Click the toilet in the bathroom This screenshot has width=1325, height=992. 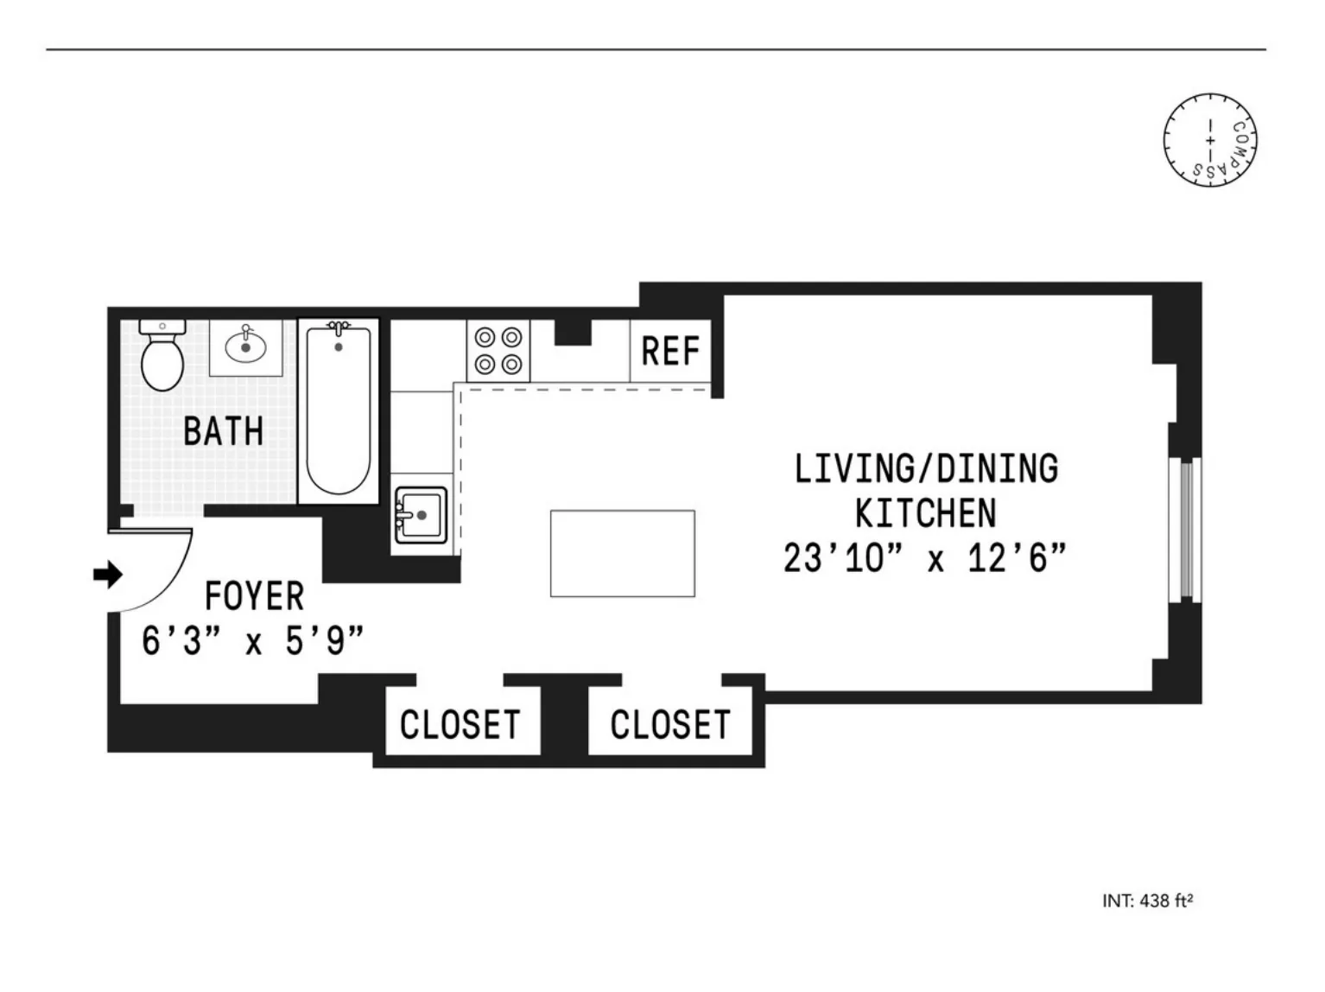point(162,361)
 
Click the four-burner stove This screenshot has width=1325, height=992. point(498,351)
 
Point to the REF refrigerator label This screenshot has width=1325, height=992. point(670,352)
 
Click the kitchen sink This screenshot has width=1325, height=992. point(421,515)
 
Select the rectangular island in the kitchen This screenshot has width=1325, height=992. point(622,553)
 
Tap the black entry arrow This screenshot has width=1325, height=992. point(108,574)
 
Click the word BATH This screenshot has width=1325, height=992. point(223,431)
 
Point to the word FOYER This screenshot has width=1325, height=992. point(254,597)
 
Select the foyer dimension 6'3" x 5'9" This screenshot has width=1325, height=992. point(252,642)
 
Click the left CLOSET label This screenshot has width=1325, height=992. point(460,724)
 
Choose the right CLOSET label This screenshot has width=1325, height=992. point(670,724)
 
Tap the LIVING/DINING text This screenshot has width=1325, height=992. point(926,469)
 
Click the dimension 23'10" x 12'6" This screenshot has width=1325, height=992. point(925,558)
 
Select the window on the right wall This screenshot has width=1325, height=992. point(1185,529)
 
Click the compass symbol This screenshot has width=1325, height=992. point(1209,140)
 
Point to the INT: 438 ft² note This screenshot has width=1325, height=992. point(1147,900)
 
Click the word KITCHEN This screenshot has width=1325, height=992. point(925,514)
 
